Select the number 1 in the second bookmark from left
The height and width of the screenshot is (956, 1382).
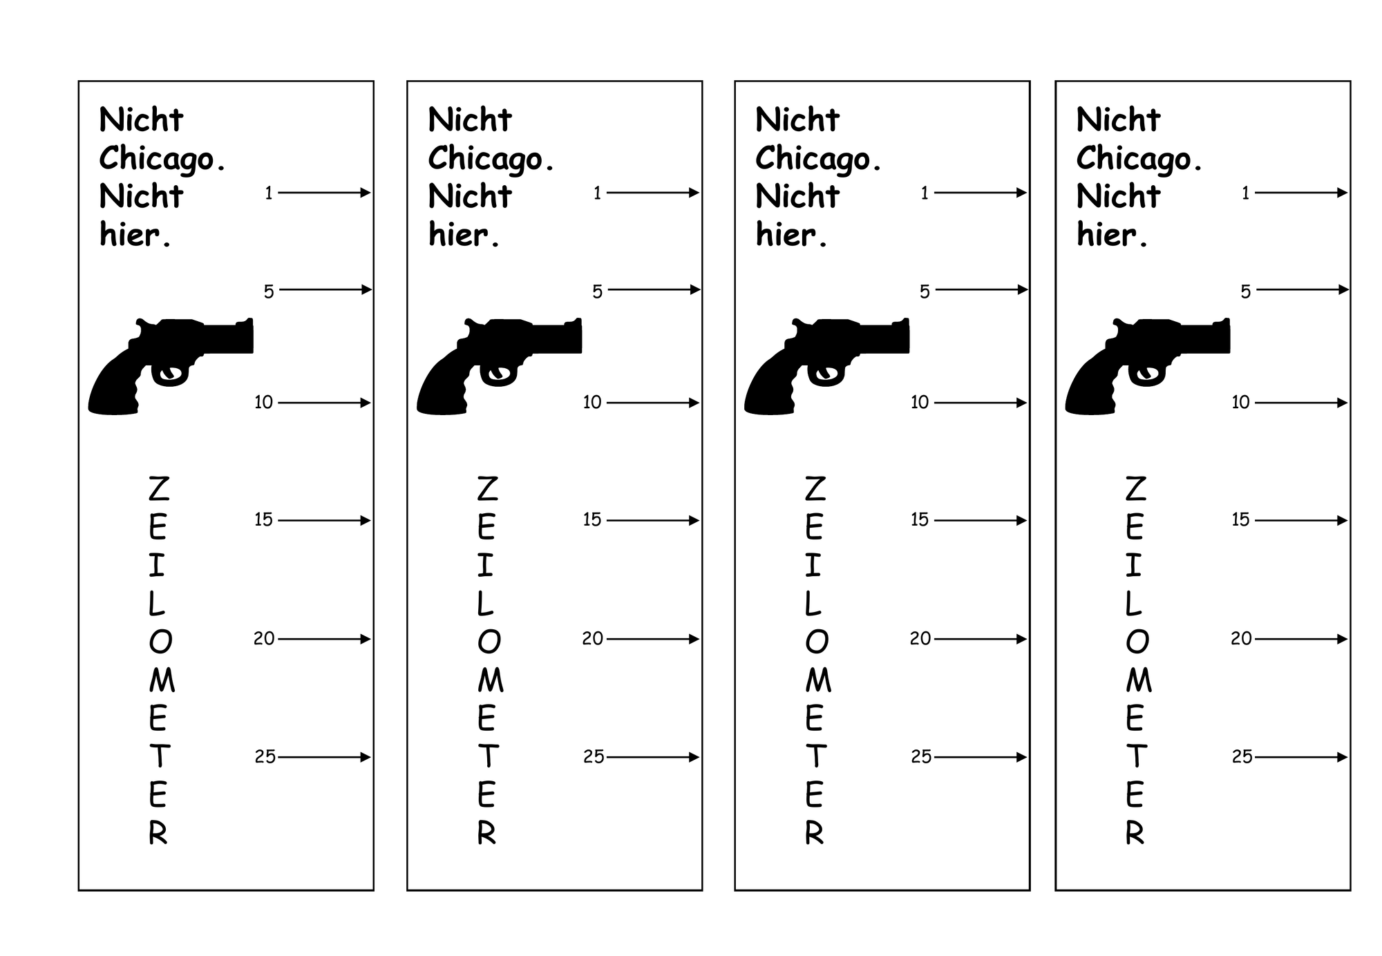tap(598, 193)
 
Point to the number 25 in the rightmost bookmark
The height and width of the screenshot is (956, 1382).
tap(1242, 757)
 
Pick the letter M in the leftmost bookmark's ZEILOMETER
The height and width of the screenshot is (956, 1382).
tap(162, 680)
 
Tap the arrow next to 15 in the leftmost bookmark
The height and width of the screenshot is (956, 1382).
tap(324, 520)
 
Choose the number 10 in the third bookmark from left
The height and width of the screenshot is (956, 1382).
tap(920, 402)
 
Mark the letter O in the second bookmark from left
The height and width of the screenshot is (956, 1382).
tap(489, 642)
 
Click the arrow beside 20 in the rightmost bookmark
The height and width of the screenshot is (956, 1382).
tap(1301, 639)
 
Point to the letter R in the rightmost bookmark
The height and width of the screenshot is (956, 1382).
tap(1135, 834)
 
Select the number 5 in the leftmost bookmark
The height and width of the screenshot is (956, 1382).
tap(269, 291)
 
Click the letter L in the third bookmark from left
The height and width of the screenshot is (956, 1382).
tap(813, 604)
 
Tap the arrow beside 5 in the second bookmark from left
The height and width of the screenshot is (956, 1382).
tap(654, 289)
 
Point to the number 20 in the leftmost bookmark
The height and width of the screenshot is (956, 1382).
tap(264, 639)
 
